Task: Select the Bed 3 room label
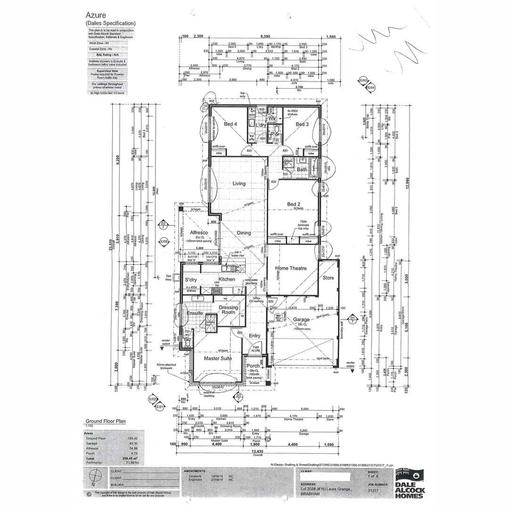302,124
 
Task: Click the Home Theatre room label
291,268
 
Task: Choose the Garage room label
301,319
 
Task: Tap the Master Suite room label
217,359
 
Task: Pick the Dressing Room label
228,310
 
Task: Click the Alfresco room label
199,233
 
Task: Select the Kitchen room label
227,279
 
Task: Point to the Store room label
328,278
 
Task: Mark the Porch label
254,366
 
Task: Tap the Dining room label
244,233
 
